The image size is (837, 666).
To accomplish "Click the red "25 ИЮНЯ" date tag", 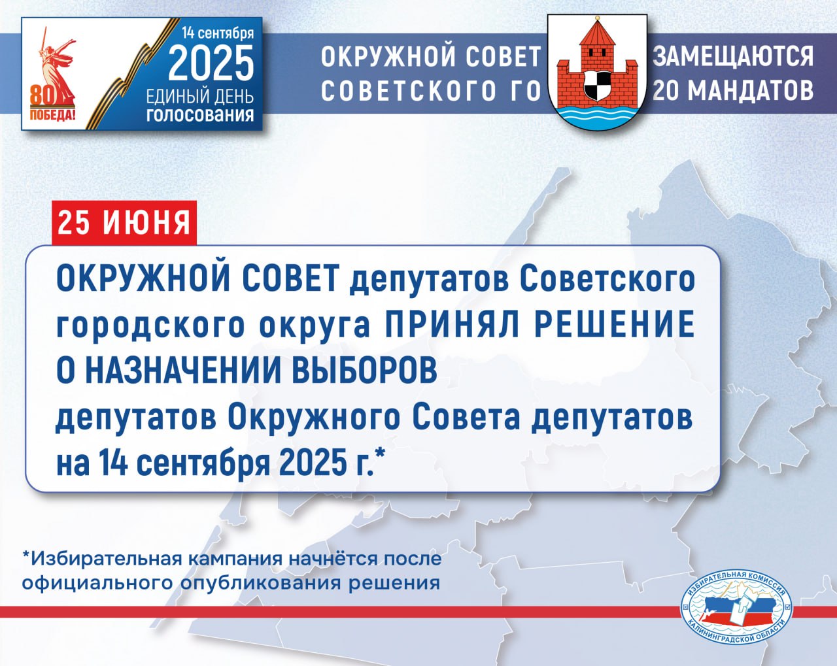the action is pyautogui.click(x=124, y=223).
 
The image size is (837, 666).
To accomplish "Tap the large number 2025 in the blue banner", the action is pyautogui.click(x=211, y=63).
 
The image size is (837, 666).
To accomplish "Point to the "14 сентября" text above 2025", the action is pyautogui.click(x=218, y=33).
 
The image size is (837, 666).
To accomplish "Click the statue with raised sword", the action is pyautogui.click(x=57, y=69).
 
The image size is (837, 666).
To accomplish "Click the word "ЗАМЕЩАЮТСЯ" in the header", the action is pyautogui.click(x=734, y=56).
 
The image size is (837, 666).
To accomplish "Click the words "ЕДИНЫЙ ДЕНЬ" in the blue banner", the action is pyautogui.click(x=200, y=97).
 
